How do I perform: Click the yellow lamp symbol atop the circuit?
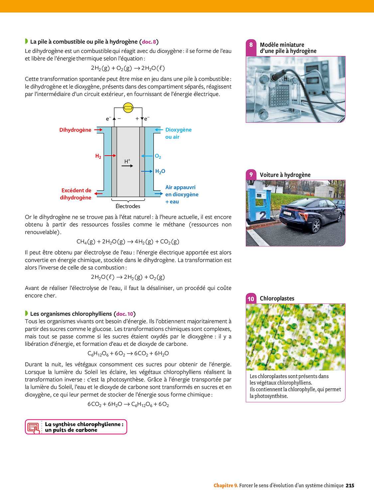point(128,107)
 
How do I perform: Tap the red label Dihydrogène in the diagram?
point(75,130)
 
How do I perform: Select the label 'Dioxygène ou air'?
point(178,133)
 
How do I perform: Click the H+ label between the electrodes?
point(127,161)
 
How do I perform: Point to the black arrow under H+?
point(127,166)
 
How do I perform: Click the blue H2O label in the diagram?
point(160,171)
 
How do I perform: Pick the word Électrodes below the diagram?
point(128,206)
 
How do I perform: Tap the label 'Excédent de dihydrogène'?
point(76,194)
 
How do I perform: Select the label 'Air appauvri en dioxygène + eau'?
point(182,195)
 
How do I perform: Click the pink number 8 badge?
point(251,45)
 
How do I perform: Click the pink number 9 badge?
point(251,175)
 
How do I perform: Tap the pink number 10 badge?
point(251,299)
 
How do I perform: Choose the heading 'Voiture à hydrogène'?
point(285,175)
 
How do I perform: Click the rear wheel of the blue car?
point(316,227)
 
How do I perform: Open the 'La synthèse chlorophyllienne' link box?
point(76,427)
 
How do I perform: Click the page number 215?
point(350,485)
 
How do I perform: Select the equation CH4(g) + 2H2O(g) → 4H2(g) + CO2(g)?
point(128,242)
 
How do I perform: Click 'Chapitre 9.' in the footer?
point(226,485)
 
